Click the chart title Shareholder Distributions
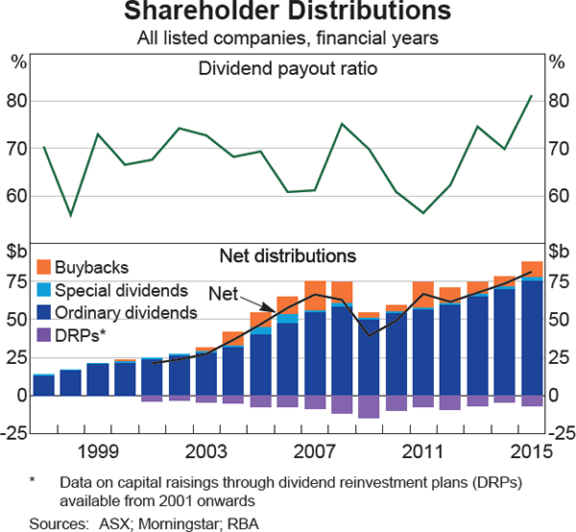(287, 13)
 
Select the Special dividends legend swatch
(43, 290)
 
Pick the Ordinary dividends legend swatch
(43, 312)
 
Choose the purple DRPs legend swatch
(43, 334)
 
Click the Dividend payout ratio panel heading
(287, 69)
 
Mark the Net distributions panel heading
(287, 255)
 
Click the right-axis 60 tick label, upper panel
(558, 196)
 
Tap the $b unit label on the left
(18, 254)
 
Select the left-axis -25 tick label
(15, 433)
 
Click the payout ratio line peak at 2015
(531, 96)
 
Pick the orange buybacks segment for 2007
(315, 297)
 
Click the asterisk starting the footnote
(32, 478)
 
